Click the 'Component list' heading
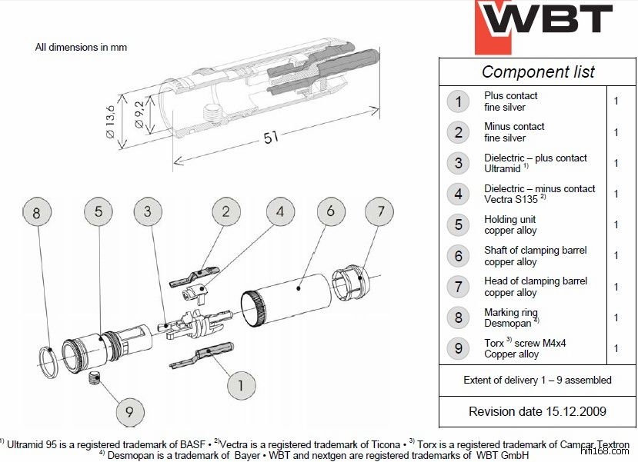pyautogui.click(x=538, y=71)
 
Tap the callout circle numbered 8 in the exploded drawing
pyautogui.click(x=36, y=212)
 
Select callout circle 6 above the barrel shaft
pyautogui.click(x=330, y=211)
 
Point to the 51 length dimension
pyautogui.click(x=271, y=137)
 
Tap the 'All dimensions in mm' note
pyautogui.click(x=81, y=47)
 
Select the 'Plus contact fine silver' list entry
pyautogui.click(x=510, y=101)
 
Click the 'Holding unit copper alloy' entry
pyautogui.click(x=510, y=224)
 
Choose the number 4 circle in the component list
pyautogui.click(x=459, y=193)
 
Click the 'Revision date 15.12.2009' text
pyautogui.click(x=537, y=411)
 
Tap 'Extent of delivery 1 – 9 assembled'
pyautogui.click(x=537, y=380)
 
